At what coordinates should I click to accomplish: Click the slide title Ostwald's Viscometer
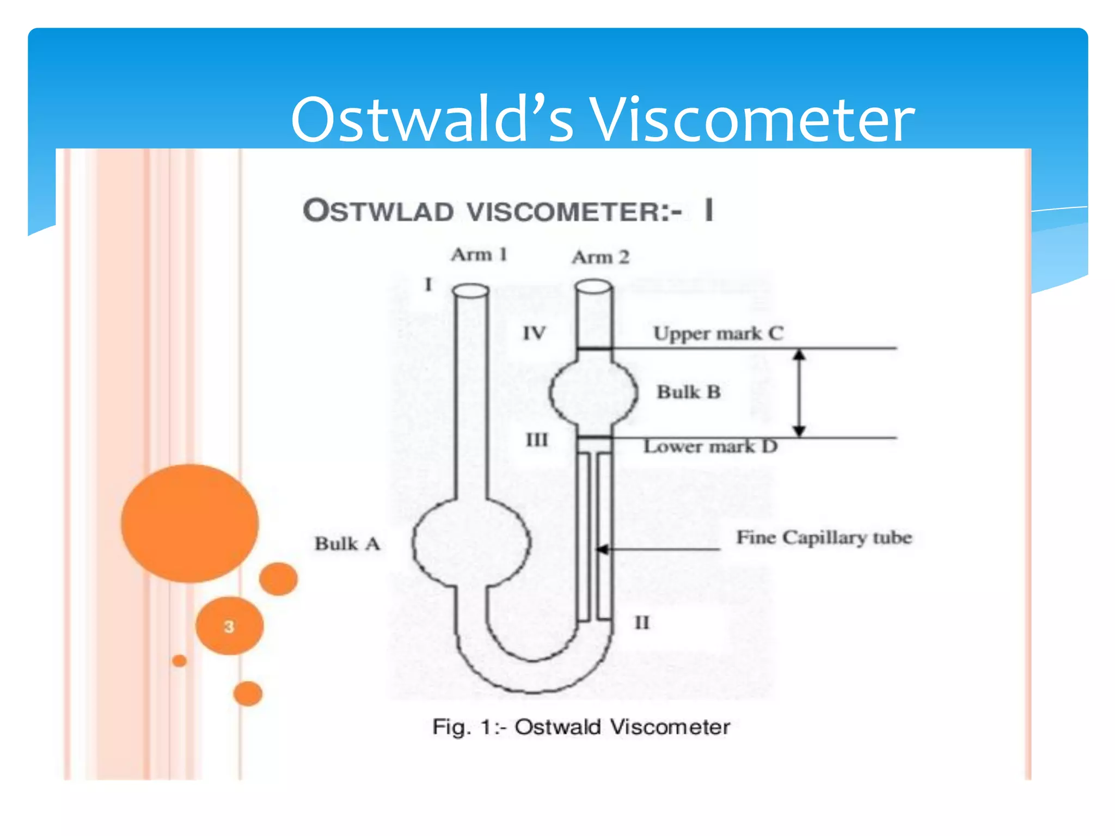click(x=602, y=120)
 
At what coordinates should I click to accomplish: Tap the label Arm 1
click(x=479, y=255)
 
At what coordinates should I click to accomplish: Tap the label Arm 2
click(x=600, y=257)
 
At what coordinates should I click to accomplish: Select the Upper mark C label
click(x=718, y=333)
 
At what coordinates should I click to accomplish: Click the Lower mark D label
click(x=710, y=447)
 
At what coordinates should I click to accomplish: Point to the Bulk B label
click(x=688, y=392)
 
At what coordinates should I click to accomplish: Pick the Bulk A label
click(x=347, y=544)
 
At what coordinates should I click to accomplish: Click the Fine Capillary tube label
click(x=824, y=538)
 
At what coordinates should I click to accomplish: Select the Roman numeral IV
click(x=534, y=333)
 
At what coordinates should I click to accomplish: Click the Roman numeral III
click(x=536, y=440)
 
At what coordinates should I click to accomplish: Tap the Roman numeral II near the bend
click(x=642, y=623)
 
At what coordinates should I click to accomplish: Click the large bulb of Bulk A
click(x=471, y=543)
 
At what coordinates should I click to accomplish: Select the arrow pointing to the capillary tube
click(x=659, y=549)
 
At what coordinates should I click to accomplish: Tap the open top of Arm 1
click(x=471, y=291)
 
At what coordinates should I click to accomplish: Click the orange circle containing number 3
click(x=229, y=626)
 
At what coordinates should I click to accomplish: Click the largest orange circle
click(x=189, y=523)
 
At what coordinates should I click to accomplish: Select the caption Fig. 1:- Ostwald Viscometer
click(x=580, y=727)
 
